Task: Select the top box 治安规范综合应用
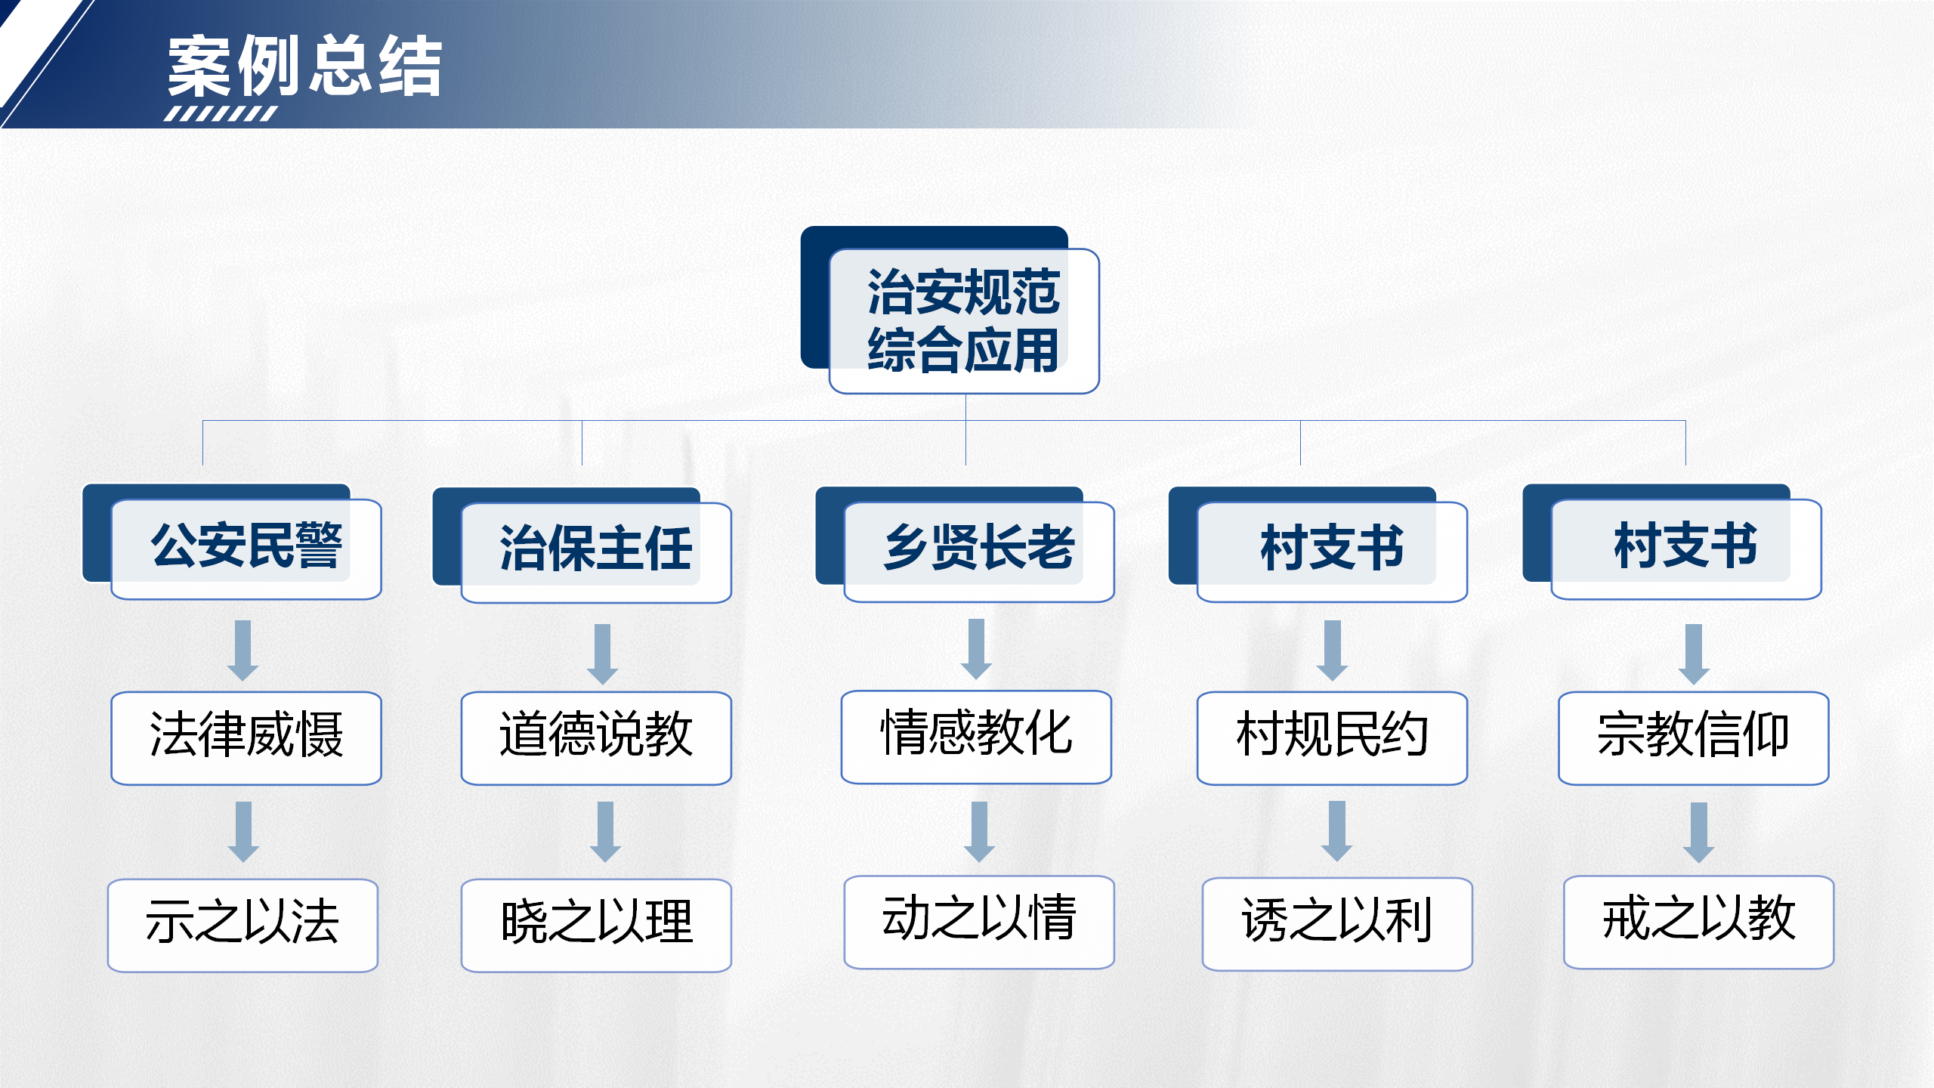coord(963,321)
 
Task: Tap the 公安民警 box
coord(246,548)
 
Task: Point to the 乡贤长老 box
coord(979,549)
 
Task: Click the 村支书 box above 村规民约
coord(1332,550)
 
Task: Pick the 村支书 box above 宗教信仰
coord(1686,548)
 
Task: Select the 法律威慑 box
coord(246,737)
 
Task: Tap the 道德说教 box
coord(596,737)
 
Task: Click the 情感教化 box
coord(976,736)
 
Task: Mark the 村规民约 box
coord(1332,737)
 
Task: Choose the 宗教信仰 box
coord(1693,737)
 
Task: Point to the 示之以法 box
coord(243,924)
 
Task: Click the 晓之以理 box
coord(596,924)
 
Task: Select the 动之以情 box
coord(979,921)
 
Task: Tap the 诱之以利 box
coord(1337,923)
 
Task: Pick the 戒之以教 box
coord(1698,921)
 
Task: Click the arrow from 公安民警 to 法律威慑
coord(243,650)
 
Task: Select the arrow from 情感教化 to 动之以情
coord(979,831)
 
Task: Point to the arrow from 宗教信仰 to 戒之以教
coord(1698,832)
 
